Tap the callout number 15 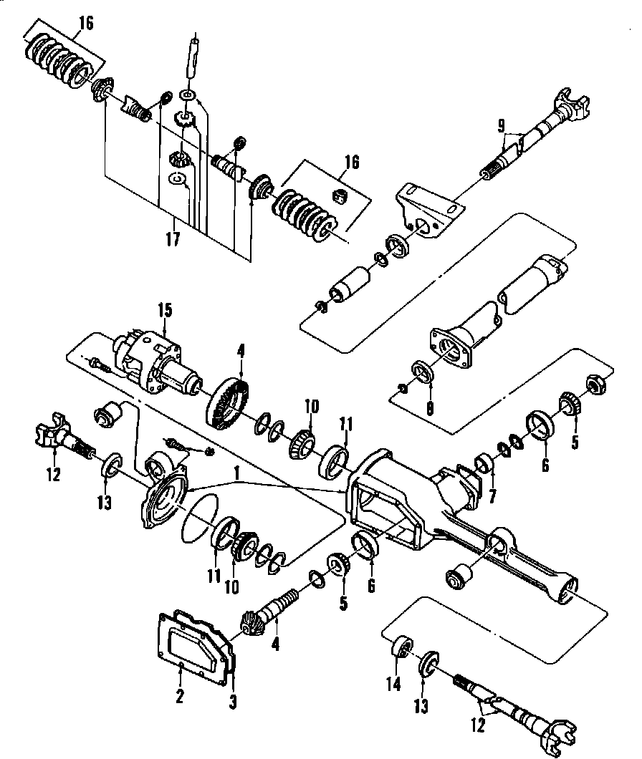point(166,311)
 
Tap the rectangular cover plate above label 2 point(190,641)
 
